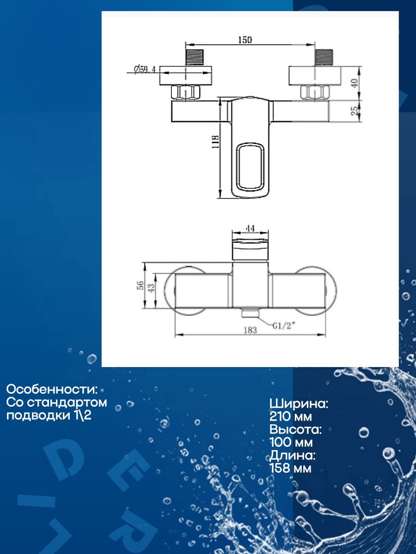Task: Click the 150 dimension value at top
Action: coord(245,40)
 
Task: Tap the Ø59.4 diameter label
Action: coord(144,70)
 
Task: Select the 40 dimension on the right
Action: coord(355,84)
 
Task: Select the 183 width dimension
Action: coord(250,331)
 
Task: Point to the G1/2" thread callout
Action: coord(283,326)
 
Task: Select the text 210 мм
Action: coord(291,417)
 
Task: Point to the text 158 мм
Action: coord(290,469)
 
